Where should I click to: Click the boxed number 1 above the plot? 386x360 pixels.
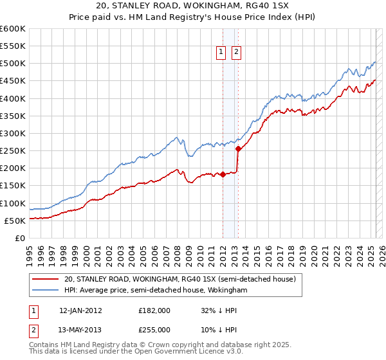pos(221,53)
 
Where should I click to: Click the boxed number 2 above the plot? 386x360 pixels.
pos(236,53)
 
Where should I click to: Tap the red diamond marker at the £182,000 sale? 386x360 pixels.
pos(223,174)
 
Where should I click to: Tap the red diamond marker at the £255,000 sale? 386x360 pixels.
pos(238,148)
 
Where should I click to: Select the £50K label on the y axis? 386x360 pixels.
pos(15,221)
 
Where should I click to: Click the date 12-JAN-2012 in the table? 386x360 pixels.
pos(80,310)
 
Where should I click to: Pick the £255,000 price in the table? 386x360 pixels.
pos(154,329)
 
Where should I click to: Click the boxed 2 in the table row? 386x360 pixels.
pos(34,329)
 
